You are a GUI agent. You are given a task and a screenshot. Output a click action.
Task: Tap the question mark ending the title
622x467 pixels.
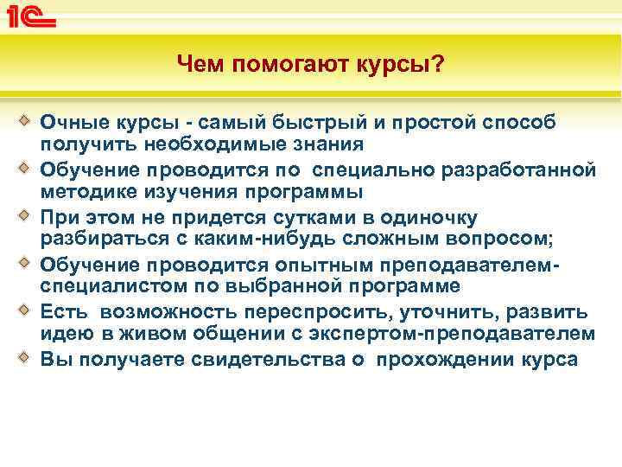[439, 63]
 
